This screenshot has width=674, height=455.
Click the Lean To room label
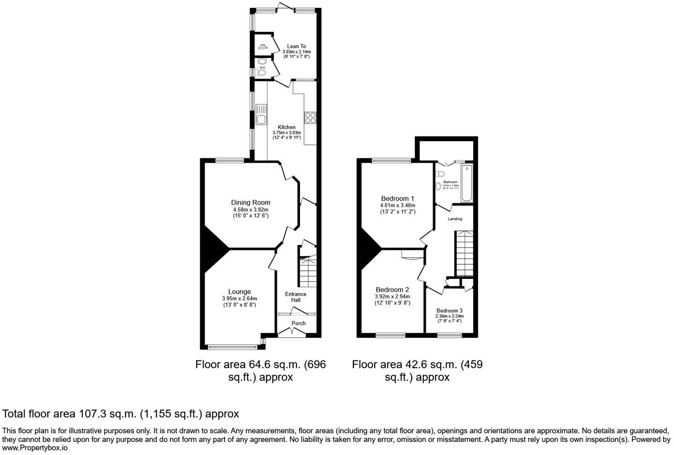[x=296, y=46]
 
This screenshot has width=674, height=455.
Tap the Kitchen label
[x=286, y=127]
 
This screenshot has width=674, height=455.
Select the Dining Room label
[x=250, y=202]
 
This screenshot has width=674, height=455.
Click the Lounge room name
[x=239, y=292]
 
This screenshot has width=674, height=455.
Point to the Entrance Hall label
[x=295, y=297]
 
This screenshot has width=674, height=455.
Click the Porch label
[x=298, y=323]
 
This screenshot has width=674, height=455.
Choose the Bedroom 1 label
[x=397, y=198]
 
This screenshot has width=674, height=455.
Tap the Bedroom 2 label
[x=392, y=290]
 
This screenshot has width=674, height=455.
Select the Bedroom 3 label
[x=449, y=311]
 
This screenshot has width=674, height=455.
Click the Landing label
[x=455, y=219]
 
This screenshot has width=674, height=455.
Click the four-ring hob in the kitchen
[x=310, y=117]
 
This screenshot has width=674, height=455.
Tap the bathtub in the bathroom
[x=467, y=183]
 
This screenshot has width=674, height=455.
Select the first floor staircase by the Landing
[x=464, y=254]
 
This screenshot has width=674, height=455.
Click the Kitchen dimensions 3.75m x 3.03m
[x=286, y=133]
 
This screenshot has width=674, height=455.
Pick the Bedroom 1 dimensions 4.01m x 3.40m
[x=397, y=205]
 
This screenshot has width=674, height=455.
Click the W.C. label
[x=262, y=67]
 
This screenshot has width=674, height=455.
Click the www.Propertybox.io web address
[x=35, y=448]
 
